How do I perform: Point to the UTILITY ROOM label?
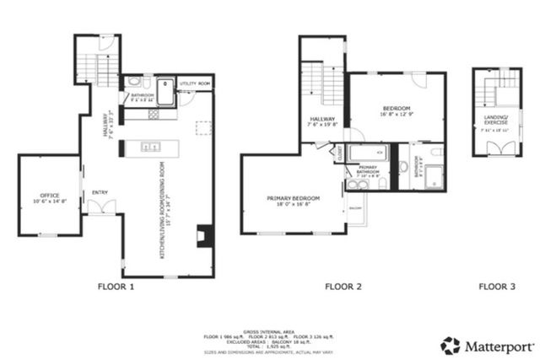(x=194, y=84)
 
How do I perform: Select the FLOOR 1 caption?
(x=116, y=287)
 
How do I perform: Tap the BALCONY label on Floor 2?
(x=355, y=206)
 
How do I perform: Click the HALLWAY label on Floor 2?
(x=322, y=119)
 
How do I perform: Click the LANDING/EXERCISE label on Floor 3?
(x=495, y=120)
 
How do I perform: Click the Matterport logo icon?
(x=451, y=346)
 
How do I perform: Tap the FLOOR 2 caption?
(x=343, y=287)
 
